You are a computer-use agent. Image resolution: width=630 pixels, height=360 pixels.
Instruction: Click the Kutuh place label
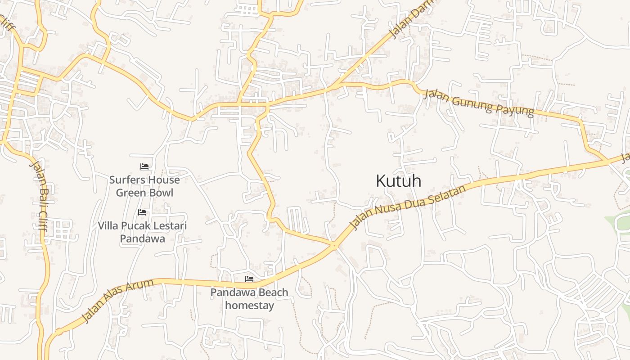click(x=398, y=181)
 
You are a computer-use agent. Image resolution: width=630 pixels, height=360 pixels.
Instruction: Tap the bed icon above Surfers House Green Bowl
click(x=144, y=166)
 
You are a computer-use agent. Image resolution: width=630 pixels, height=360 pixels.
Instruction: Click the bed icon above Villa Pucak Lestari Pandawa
click(x=142, y=212)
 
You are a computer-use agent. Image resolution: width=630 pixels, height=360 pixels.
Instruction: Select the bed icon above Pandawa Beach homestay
click(x=249, y=279)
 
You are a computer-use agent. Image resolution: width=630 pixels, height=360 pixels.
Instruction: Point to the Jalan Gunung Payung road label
click(x=479, y=103)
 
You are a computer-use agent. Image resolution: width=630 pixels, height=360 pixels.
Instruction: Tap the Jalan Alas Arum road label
click(x=118, y=300)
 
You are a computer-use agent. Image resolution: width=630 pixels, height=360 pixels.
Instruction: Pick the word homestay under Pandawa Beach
click(x=249, y=306)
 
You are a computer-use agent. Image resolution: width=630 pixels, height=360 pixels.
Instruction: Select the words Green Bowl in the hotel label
click(x=144, y=193)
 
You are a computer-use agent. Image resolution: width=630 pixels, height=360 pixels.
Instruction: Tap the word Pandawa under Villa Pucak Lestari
click(x=142, y=238)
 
